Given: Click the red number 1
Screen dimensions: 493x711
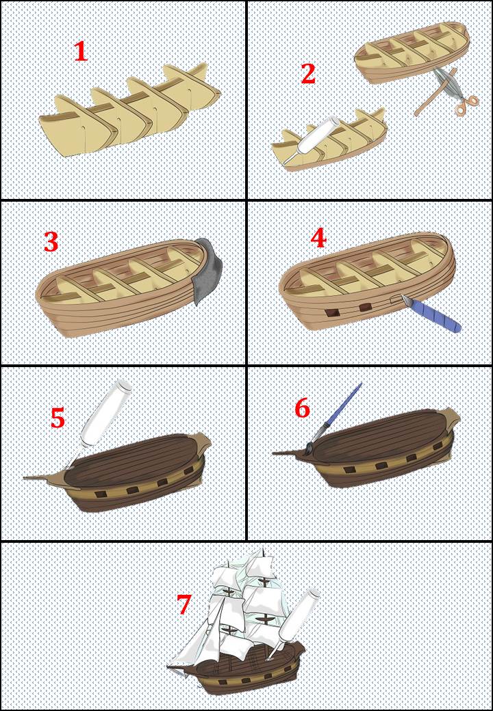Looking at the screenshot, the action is [x=80, y=52].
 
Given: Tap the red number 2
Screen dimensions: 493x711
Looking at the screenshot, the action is [x=308, y=74].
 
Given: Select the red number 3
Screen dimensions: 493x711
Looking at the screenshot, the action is [x=51, y=243].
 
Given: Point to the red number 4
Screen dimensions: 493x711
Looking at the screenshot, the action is [x=318, y=239].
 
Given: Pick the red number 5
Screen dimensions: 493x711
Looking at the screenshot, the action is [x=58, y=418].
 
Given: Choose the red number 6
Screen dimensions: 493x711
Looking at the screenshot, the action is [x=303, y=409].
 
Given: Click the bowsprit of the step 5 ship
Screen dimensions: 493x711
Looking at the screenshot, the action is [x=46, y=480].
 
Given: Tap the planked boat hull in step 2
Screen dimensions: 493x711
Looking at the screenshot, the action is [x=412, y=52].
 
